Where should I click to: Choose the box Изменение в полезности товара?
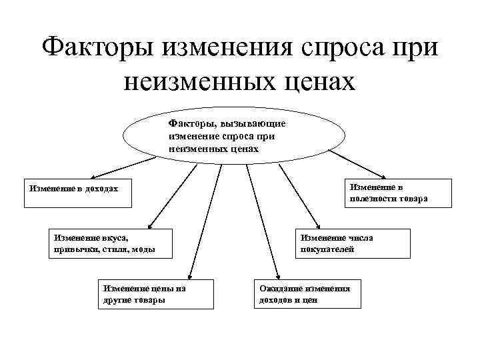pyautogui.click(x=387, y=193)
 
